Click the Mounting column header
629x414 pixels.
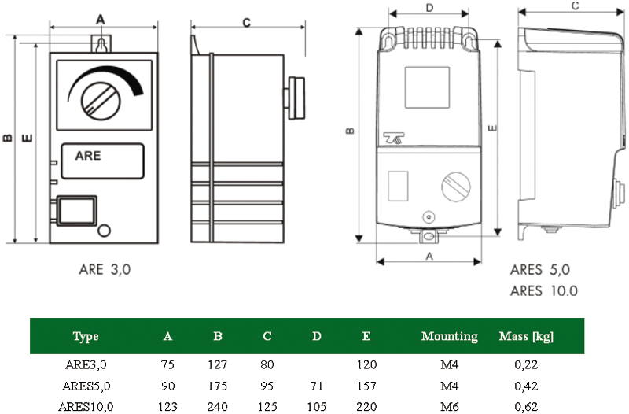449,336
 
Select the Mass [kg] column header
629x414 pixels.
526,337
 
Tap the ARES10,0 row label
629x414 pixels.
86,407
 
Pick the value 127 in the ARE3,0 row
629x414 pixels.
218,364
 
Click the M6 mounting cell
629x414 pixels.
449,407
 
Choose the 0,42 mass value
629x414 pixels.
526,386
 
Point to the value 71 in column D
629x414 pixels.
316,386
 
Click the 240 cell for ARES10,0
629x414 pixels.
218,407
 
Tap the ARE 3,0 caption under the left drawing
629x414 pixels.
105,269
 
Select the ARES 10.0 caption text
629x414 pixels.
544,290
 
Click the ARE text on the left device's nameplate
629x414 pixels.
88,155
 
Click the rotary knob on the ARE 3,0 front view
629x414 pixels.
101,101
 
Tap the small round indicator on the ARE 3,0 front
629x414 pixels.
104,231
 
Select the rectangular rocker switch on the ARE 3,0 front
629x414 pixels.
76,210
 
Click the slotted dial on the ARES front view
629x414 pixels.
456,187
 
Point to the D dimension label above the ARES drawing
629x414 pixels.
429,8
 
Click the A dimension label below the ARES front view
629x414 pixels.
429,256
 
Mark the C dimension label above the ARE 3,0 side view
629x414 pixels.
247,23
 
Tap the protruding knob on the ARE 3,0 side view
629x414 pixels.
295,98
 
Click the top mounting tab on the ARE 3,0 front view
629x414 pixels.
101,44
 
